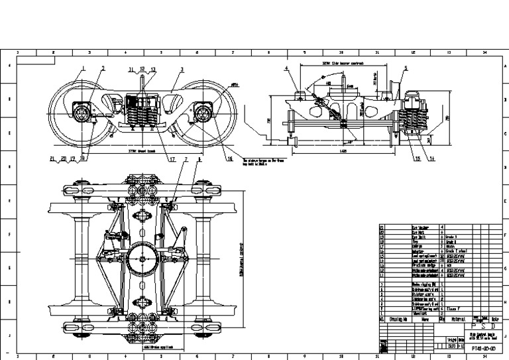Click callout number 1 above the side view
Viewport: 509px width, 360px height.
tap(84, 68)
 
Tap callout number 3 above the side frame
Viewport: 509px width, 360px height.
tap(181, 68)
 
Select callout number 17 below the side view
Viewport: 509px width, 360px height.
tap(171, 158)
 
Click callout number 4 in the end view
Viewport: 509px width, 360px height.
tap(287, 68)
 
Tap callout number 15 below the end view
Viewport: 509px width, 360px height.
tap(418, 158)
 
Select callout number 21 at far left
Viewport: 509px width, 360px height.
tap(52, 158)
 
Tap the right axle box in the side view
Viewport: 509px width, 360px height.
tap(203, 114)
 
